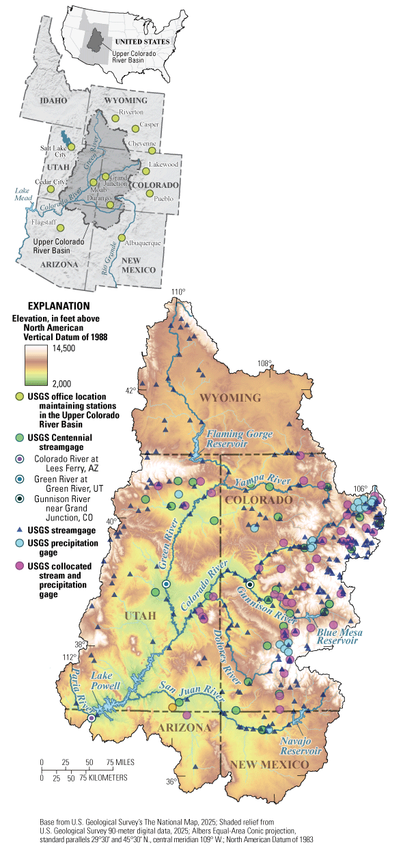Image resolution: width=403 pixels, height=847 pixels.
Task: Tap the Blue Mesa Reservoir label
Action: coord(339,637)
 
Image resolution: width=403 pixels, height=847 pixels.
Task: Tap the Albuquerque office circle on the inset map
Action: coord(122,238)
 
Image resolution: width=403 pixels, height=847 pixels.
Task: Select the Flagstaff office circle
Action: coord(61,228)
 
